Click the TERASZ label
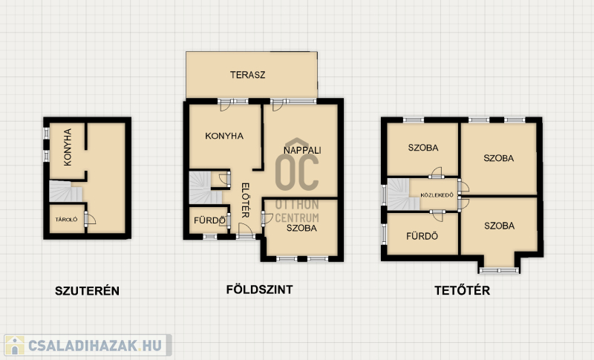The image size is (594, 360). [x=248, y=74]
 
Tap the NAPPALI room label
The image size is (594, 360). [x=302, y=150]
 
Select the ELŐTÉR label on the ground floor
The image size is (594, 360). [x=245, y=200]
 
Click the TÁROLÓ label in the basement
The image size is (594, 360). [x=66, y=220]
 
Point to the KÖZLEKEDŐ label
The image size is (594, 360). [x=437, y=195]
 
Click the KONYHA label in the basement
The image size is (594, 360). [x=68, y=147]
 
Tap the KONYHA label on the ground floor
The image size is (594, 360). [x=224, y=136]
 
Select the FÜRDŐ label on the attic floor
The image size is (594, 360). [x=422, y=236]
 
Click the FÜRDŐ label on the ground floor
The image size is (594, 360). [x=209, y=220]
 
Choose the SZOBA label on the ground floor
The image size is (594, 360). [x=301, y=228]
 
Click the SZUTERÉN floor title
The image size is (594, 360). [x=87, y=291]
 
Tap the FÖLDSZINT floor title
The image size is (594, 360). [x=259, y=289]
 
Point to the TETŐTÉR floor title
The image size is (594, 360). [x=462, y=290]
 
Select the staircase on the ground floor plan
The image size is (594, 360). [x=205, y=188]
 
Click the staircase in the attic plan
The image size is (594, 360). [x=402, y=194]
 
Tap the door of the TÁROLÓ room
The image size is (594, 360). [x=89, y=219]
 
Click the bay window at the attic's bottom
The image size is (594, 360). [x=499, y=270]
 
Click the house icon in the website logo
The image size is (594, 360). [x=15, y=345]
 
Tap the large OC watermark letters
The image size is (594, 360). [x=297, y=172]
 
